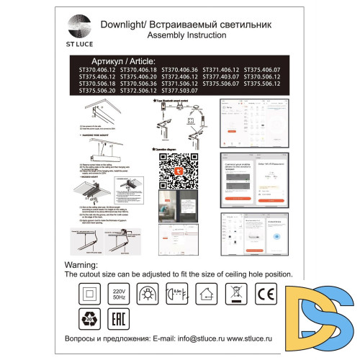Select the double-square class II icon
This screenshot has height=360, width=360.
[91, 295]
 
